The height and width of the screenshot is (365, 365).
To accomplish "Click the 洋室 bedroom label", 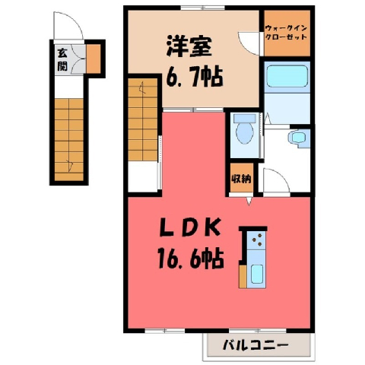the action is pyautogui.click(x=189, y=47).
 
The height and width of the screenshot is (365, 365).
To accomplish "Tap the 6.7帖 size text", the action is pyautogui.click(x=195, y=76).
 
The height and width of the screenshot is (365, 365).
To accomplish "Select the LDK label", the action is pyautogui.click(x=189, y=227).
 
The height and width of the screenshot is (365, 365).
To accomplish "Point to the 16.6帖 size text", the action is pyautogui.click(x=191, y=258).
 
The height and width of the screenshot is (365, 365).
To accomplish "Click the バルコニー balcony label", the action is pyautogui.click(x=255, y=345).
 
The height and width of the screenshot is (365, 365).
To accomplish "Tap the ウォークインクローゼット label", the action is pyautogui.click(x=286, y=33).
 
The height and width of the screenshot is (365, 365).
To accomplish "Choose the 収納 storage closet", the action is pyautogui.click(x=241, y=178).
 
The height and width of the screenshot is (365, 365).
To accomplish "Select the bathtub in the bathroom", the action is pyautogui.click(x=287, y=76).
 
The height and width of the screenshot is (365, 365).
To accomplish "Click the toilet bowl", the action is pyautogui.click(x=245, y=130).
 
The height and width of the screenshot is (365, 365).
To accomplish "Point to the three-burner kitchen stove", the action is pyautogui.click(x=257, y=240).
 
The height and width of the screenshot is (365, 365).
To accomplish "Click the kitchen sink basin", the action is pyautogui.click(x=257, y=274).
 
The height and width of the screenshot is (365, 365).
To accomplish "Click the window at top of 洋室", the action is pyautogui.click(x=203, y=8).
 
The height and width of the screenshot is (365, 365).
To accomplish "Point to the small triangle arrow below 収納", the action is pyautogui.click(x=249, y=201).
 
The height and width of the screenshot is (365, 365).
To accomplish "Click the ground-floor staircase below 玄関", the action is pyautogui.click(x=69, y=140).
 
